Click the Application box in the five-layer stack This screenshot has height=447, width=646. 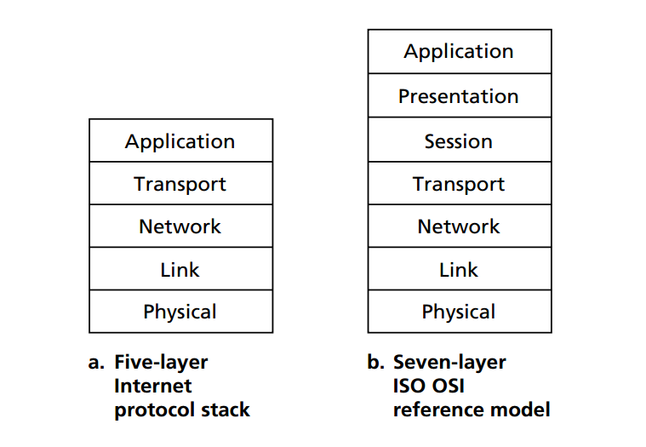pyautogui.click(x=181, y=140)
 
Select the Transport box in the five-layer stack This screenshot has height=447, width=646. pyautogui.click(x=181, y=183)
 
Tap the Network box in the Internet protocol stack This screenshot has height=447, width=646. pyautogui.click(x=181, y=226)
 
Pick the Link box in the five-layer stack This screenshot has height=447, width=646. pyautogui.click(x=181, y=269)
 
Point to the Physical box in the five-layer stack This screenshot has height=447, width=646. pyautogui.click(x=181, y=312)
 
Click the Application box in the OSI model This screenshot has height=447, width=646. pyautogui.click(x=460, y=51)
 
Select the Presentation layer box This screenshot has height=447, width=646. pyautogui.click(x=460, y=95)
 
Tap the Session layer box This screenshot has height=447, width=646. pyautogui.click(x=460, y=140)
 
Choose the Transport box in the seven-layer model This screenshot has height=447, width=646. pyautogui.click(x=460, y=183)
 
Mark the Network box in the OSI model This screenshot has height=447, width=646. pyautogui.click(x=460, y=226)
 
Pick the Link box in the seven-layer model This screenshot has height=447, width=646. pyautogui.click(x=460, y=269)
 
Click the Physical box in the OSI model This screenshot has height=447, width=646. pyautogui.click(x=460, y=312)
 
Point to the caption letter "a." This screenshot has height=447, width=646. pyautogui.click(x=96, y=363)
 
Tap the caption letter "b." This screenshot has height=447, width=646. pyautogui.click(x=375, y=362)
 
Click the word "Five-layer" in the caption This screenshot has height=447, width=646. pyautogui.click(x=161, y=363)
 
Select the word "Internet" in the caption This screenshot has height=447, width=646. pyautogui.click(x=153, y=386)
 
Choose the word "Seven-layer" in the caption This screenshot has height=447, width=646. pyautogui.click(x=449, y=363)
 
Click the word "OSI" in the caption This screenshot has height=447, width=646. pyautogui.click(x=448, y=386)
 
